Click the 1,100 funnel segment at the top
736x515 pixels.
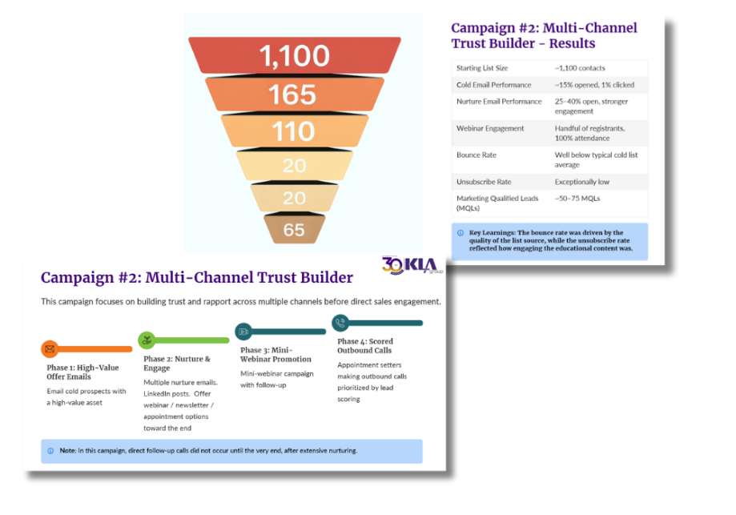pos(294,55)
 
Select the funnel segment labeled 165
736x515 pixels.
pos(293,95)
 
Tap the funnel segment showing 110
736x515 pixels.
pos(293,131)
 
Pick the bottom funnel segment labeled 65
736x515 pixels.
pos(294,230)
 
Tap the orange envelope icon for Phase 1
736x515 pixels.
pos(50,349)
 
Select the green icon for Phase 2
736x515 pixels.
pos(147,340)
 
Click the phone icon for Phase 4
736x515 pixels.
pos(340,323)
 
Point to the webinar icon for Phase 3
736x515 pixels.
pos(243,332)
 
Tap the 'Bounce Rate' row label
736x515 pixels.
pos(476,155)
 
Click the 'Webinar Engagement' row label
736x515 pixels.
pos(490,128)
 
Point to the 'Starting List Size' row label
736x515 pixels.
pos(482,68)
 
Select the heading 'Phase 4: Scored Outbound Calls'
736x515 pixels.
pos(365,345)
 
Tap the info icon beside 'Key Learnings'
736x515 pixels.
pos(460,233)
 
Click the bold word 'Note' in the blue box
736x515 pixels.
pos(68,450)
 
